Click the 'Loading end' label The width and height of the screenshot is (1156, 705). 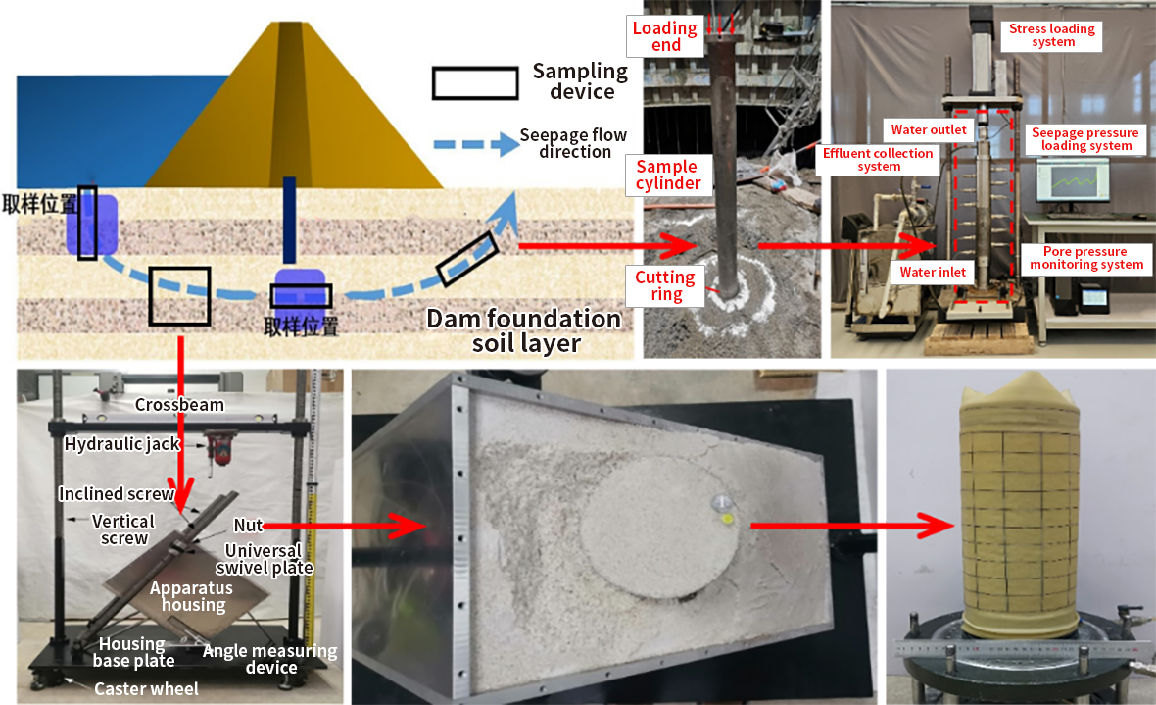coord(664,38)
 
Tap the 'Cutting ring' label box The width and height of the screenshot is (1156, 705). coord(665,286)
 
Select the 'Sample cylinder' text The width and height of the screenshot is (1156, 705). coord(667,175)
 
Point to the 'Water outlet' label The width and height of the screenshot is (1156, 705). coord(928,129)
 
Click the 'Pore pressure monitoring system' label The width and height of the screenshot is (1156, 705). coord(1085,259)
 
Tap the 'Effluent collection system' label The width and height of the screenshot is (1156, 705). coord(879,160)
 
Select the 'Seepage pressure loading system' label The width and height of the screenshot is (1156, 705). coord(1084,139)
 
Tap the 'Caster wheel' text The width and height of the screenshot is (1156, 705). coord(146,688)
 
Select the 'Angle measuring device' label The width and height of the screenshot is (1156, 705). coord(269,659)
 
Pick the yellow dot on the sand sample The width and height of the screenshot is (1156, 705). coord(726,517)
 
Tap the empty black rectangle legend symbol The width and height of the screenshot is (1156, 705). coord(475,83)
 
